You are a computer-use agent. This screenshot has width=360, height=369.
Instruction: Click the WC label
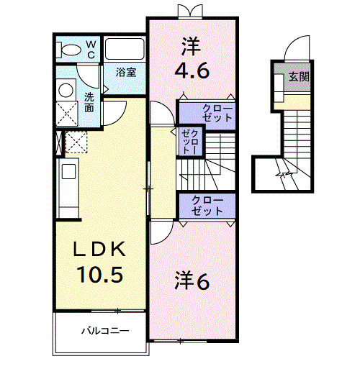click(91, 49)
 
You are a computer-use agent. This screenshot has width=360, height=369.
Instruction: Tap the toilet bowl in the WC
click(71, 50)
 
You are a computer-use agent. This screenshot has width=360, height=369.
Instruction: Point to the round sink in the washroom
click(66, 89)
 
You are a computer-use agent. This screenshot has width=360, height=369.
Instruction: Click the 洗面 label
click(89, 101)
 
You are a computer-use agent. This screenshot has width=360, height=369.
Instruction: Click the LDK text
click(101, 250)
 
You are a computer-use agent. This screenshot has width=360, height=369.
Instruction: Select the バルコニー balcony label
click(104, 332)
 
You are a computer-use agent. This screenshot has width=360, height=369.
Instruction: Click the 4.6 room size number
click(192, 71)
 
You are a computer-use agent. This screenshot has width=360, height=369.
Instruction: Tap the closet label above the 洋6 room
click(207, 205)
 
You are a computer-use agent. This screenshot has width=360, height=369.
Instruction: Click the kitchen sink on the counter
click(68, 173)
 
